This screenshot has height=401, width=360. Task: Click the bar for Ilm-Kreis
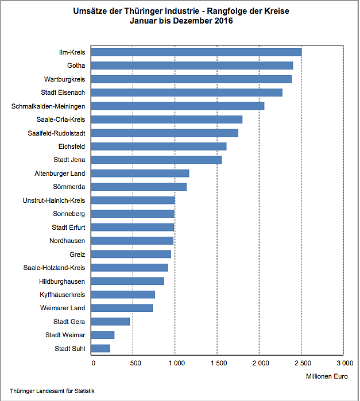196,52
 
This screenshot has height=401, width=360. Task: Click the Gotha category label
76,65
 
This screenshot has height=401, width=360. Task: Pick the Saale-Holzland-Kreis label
54,268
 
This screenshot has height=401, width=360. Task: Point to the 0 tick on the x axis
93,363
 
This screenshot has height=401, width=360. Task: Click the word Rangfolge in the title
220,11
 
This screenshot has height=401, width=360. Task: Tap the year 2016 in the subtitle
223,21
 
